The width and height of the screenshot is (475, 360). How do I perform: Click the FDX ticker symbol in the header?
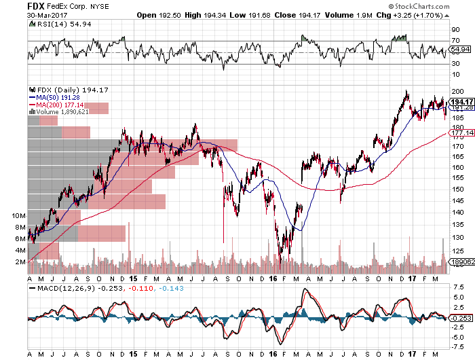pyautogui.click(x=14, y=5)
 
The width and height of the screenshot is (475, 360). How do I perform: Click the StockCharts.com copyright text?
pyautogui.click(x=433, y=7)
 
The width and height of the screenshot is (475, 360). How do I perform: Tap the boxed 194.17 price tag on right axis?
pyautogui.click(x=461, y=101)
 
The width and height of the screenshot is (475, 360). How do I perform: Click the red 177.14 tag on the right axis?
pyautogui.click(x=460, y=133)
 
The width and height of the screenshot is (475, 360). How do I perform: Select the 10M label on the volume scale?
pyautogui.click(x=20, y=215)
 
